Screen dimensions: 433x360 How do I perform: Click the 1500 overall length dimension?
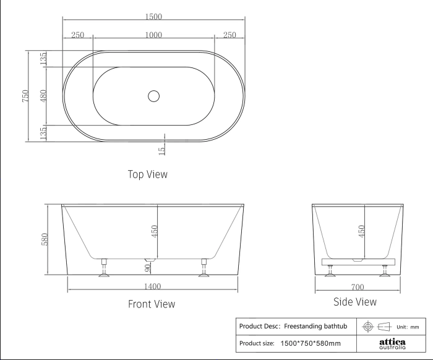click(x=153, y=17)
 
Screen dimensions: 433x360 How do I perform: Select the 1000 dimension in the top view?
click(x=153, y=35)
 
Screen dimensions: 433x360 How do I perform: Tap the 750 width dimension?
click(x=25, y=96)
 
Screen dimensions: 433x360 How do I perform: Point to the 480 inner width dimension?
click(x=43, y=95)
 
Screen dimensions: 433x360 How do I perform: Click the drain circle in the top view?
click(x=154, y=96)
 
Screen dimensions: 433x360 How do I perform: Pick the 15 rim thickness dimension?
click(x=162, y=151)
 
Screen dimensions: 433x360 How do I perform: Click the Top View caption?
click(x=148, y=174)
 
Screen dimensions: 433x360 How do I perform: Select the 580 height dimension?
click(x=45, y=239)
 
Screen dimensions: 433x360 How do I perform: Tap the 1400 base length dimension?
click(x=152, y=286)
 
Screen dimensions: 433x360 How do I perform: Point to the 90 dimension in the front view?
click(x=148, y=268)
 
